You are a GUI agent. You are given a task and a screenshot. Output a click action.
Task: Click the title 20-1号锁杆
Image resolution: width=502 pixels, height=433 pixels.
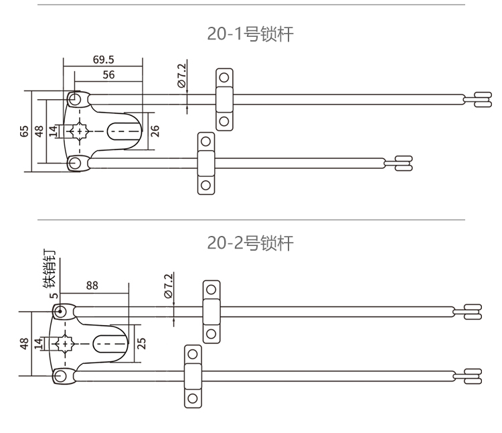250,35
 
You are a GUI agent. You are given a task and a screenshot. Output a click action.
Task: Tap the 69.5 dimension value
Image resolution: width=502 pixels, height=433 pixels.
103,59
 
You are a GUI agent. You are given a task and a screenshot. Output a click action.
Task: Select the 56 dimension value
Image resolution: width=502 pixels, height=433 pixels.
108,75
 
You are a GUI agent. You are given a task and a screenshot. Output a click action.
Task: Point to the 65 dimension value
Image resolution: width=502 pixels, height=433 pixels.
25,131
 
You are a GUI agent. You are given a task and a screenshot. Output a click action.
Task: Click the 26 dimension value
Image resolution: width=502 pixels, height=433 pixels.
155,130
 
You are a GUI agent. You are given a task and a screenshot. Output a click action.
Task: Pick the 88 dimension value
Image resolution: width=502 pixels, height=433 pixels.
92,285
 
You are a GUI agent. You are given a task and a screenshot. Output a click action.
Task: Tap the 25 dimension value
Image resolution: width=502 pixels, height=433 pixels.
142,343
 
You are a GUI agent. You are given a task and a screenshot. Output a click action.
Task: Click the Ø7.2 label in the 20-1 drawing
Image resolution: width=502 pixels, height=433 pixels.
182,76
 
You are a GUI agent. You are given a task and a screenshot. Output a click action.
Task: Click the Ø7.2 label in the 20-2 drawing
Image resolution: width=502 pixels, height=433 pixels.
168,285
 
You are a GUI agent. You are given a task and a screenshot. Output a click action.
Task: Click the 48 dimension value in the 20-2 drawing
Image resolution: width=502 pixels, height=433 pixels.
25,344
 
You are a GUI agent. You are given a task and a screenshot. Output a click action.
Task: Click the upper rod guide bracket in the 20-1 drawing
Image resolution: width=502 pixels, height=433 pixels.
224,99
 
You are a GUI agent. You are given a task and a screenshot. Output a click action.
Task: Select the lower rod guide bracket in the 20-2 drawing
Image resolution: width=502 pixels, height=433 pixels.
192,376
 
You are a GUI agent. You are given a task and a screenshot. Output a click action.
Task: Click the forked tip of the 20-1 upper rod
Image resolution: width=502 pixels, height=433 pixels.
481,99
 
